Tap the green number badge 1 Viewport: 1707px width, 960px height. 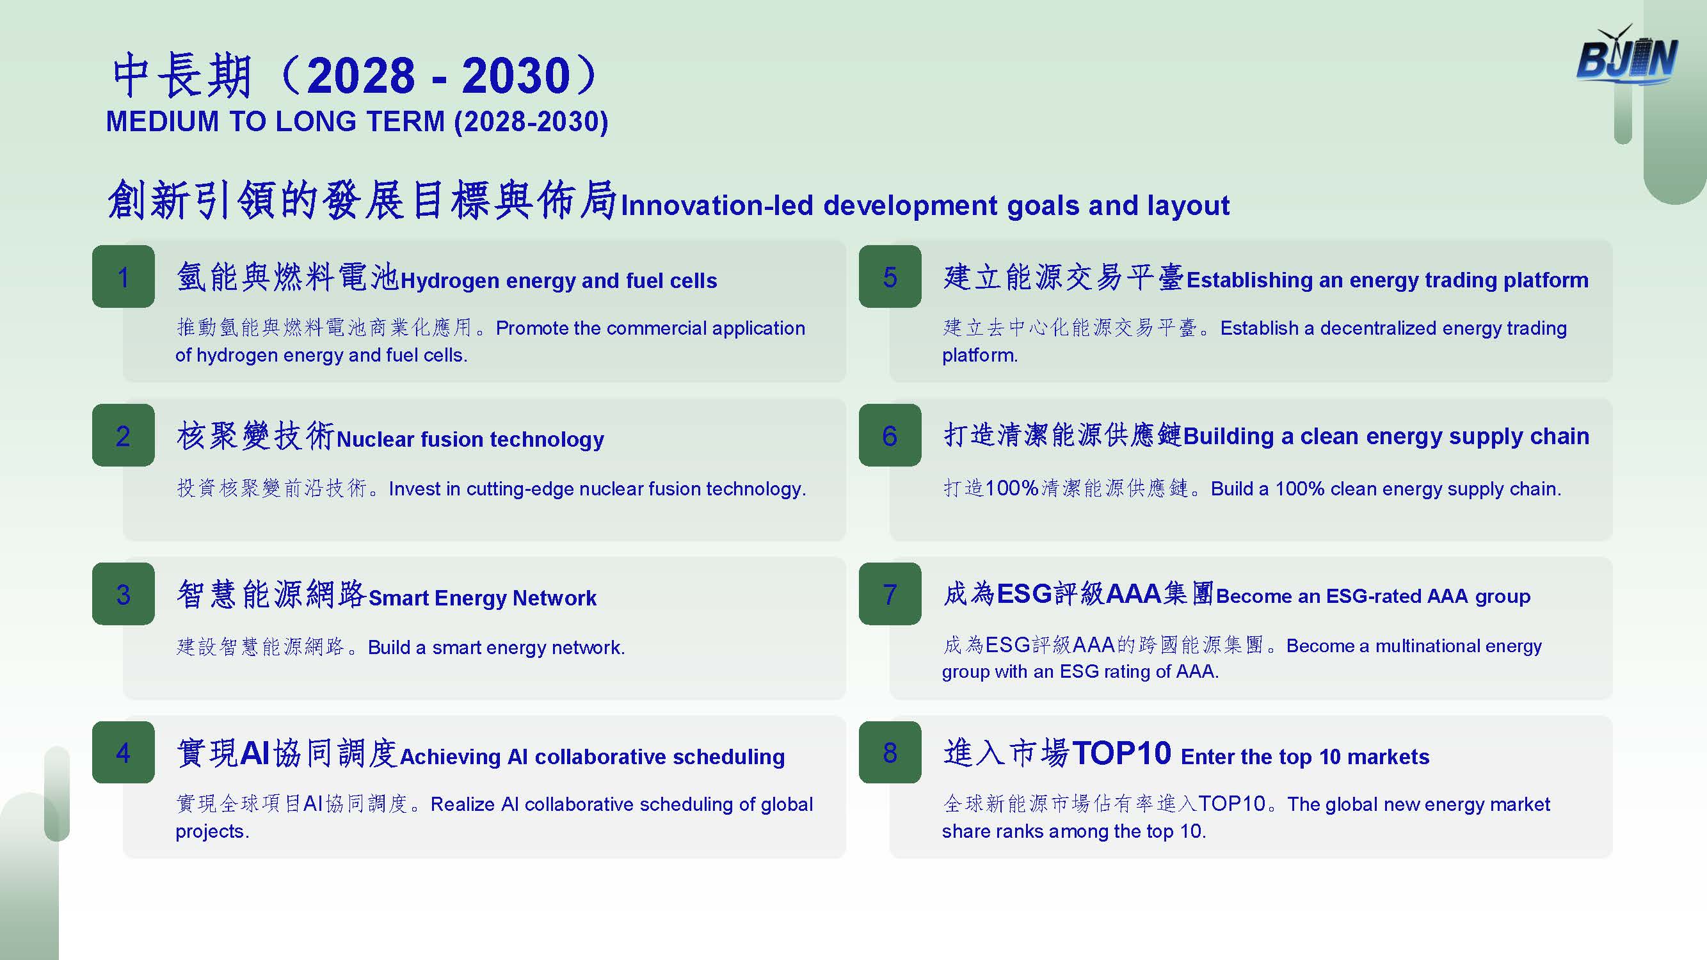[124, 276]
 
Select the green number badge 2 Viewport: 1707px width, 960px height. [124, 435]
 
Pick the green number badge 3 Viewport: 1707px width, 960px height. [124, 594]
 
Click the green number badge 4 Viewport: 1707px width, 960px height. [124, 752]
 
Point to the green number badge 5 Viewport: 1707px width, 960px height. [890, 276]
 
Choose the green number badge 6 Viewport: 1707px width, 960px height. [890, 435]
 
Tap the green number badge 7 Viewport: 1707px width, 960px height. [890, 594]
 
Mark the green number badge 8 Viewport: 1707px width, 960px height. [890, 752]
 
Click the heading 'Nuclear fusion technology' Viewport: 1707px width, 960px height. [470, 439]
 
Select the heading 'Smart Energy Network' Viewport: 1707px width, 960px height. [483, 598]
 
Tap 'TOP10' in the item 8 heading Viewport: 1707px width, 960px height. [1122, 753]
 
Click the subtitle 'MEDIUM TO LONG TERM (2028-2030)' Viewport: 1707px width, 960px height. [357, 122]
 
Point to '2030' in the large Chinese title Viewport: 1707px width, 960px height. [517, 76]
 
